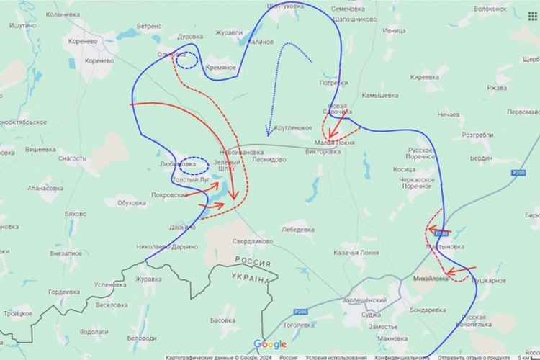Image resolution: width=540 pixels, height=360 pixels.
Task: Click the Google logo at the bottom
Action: (x=270, y=344)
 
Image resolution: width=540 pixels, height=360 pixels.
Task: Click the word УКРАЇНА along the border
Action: (x=251, y=279)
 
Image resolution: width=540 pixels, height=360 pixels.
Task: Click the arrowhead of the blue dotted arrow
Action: (x=268, y=132)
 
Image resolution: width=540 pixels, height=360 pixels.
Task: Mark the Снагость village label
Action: (x=73, y=158)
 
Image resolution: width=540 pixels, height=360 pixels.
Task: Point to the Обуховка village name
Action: (x=130, y=203)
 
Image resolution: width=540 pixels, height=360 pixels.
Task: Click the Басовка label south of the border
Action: (x=222, y=320)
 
